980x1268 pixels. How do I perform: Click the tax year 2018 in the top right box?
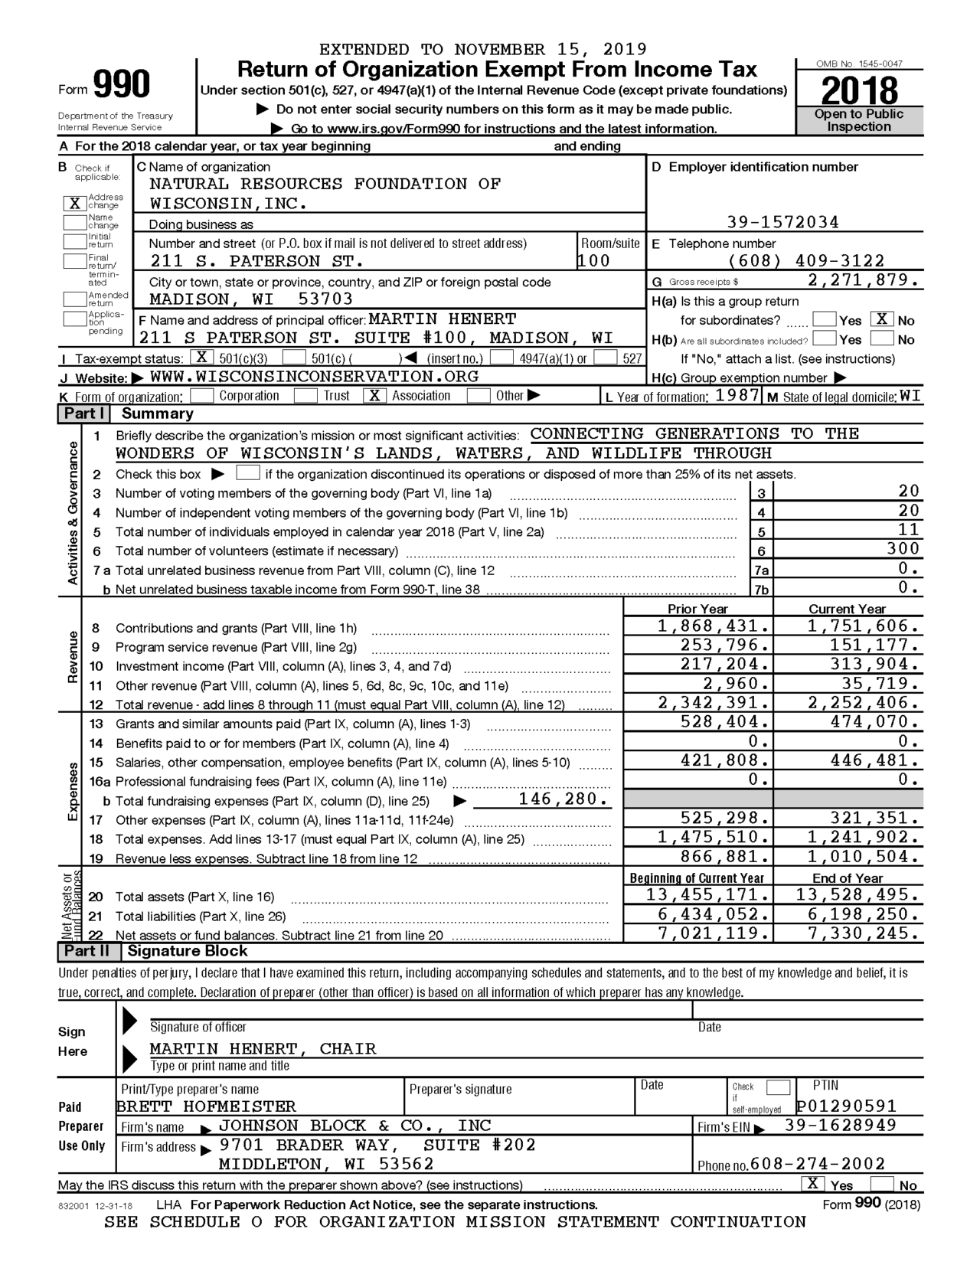859,91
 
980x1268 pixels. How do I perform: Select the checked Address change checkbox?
74,204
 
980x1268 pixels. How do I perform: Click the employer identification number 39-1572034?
782,223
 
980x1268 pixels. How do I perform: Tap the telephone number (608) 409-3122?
805,261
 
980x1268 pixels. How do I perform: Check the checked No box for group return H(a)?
882,319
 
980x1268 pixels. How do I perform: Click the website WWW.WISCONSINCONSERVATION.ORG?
314,377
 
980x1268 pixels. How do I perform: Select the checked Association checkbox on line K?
374,396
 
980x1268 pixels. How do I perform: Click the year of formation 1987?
737,396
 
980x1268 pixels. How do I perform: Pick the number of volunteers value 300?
903,549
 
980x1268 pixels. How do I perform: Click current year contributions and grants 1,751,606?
862,626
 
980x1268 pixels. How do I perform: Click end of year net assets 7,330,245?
862,933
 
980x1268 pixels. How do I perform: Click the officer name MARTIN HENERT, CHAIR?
263,1048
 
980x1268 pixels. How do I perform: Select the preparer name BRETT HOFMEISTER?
207,1106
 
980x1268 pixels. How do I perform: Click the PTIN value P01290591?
845,1106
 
